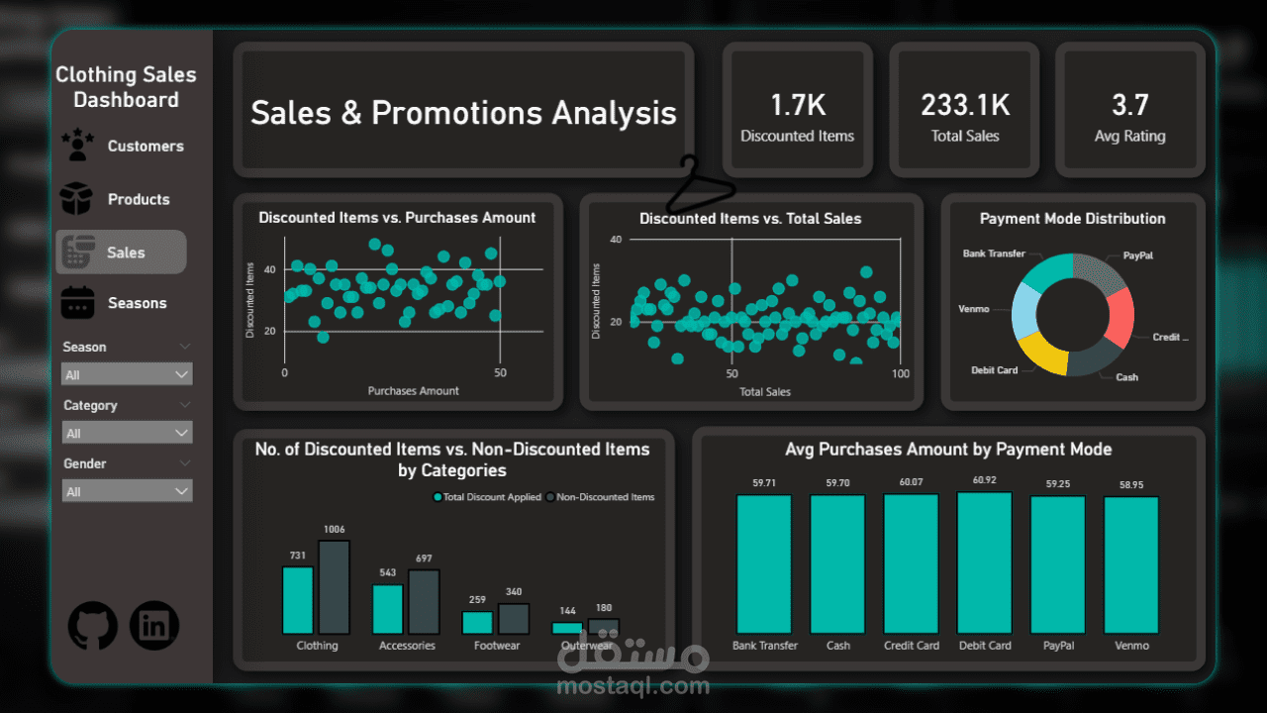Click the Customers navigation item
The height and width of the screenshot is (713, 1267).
(x=145, y=147)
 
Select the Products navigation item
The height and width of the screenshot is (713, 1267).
(x=138, y=199)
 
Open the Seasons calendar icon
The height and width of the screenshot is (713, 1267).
(x=77, y=303)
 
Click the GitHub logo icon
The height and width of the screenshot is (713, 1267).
(x=93, y=626)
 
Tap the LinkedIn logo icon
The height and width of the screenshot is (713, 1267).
(x=154, y=626)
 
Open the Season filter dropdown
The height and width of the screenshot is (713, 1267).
(x=127, y=374)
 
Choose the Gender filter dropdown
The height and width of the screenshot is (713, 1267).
(x=127, y=491)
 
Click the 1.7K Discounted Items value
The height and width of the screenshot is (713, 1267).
(x=797, y=105)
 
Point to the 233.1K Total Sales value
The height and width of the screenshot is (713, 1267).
(x=964, y=105)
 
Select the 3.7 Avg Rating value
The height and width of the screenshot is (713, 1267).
(x=1129, y=105)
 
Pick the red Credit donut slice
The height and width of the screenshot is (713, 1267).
(x=1120, y=317)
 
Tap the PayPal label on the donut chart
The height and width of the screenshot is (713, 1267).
(x=1137, y=255)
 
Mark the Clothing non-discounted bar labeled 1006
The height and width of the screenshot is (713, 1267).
(x=334, y=587)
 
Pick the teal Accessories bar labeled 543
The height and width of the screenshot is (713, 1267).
(x=388, y=609)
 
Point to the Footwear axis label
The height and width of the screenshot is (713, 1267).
(x=497, y=646)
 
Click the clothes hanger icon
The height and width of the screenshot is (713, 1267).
(x=699, y=185)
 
